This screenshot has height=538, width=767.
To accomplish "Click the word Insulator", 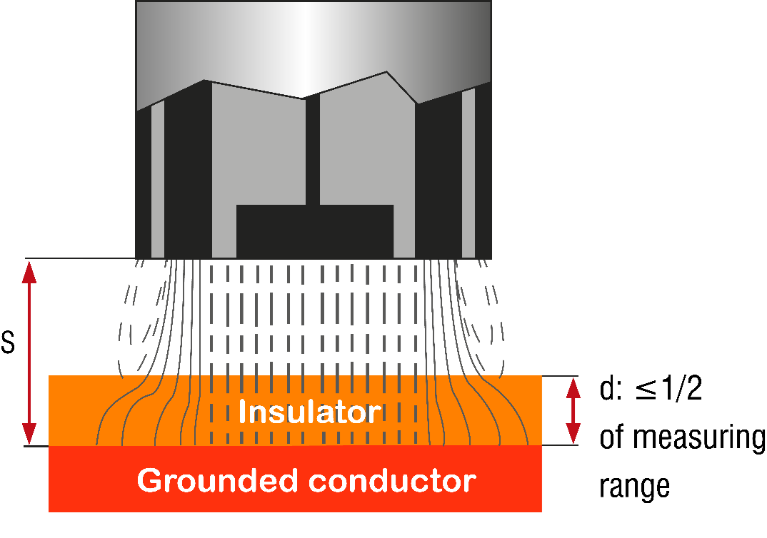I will [x=309, y=412].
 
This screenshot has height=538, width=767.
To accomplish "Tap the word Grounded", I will [x=211, y=480].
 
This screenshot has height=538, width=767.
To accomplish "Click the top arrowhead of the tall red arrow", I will [x=29, y=272].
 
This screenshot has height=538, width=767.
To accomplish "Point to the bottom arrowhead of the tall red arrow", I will [x=29, y=433].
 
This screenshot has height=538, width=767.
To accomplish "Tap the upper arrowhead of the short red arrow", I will [x=573, y=387].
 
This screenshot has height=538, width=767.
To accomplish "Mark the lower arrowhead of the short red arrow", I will [x=573, y=433].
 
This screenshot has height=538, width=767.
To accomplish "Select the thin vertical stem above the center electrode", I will [x=312, y=150].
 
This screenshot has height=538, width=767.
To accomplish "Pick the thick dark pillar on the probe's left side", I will [x=188, y=171].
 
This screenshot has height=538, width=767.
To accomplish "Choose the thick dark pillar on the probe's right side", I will [x=438, y=178].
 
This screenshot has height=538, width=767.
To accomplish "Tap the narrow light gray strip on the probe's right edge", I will [x=468, y=174].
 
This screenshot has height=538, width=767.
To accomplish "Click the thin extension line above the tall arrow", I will [x=79, y=258].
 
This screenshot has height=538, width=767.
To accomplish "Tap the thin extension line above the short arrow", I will [x=560, y=376].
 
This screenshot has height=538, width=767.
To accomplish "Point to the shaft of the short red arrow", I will [x=573, y=410].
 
